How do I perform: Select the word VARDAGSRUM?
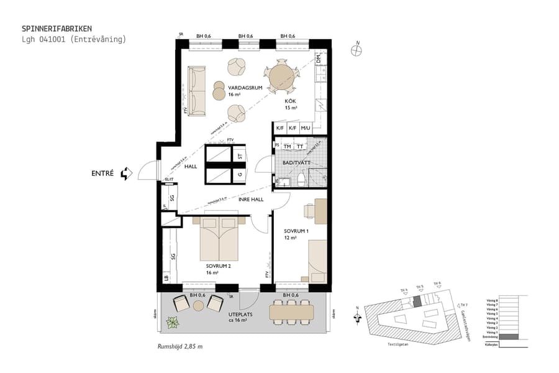pos(244,88)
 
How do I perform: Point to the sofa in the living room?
pos(198,91)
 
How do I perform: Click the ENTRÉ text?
pos(102,173)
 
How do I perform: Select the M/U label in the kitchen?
pos(305,129)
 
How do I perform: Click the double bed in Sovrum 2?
pos(219,239)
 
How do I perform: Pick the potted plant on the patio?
pos(172,322)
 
